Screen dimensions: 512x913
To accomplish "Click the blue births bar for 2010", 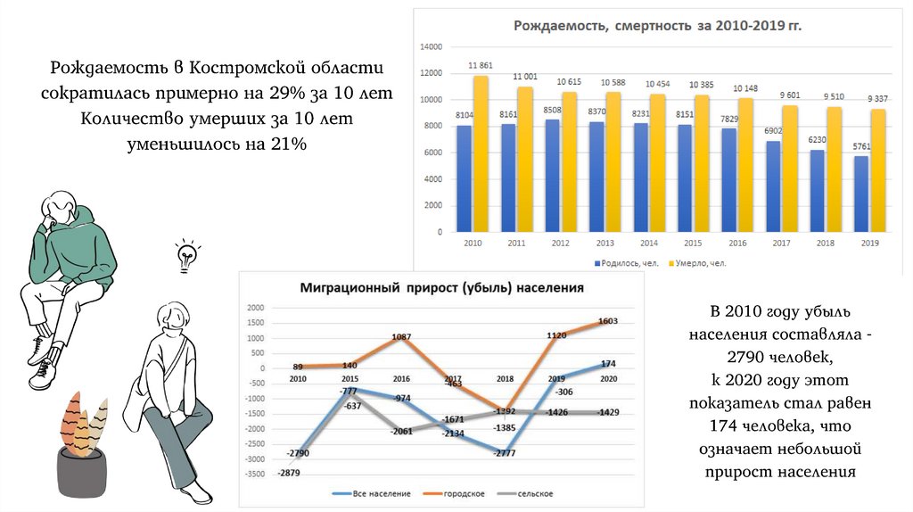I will click(x=464, y=178).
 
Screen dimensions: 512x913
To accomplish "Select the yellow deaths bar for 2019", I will click(x=878, y=169).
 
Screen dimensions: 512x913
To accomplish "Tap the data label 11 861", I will click(x=480, y=66).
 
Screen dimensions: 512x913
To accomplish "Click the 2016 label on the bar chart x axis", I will click(x=738, y=243).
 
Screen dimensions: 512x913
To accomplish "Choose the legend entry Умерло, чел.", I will click(x=701, y=263).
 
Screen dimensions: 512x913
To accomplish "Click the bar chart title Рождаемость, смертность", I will click(x=657, y=26).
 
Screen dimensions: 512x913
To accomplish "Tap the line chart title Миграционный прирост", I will click(x=442, y=288).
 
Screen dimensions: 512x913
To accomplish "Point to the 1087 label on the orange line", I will click(x=401, y=336).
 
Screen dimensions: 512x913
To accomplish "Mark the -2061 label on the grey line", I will click(x=402, y=431).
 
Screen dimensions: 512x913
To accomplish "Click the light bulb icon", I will click(x=186, y=255).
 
